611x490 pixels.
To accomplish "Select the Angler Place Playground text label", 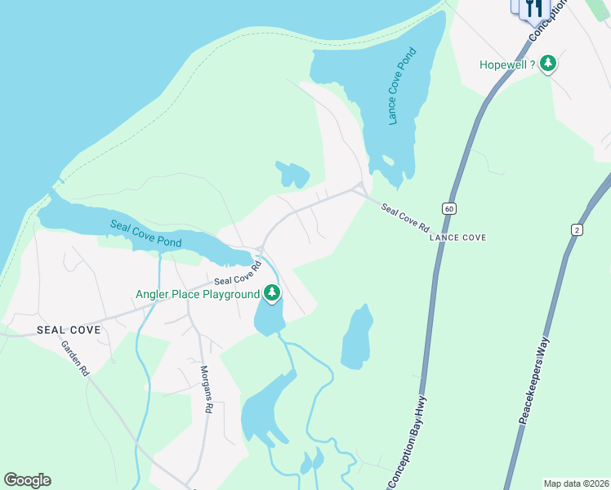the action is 198,294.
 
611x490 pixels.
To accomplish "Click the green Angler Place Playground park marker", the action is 272,293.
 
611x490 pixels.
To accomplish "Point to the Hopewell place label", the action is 507,63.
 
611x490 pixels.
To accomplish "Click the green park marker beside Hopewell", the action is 548,63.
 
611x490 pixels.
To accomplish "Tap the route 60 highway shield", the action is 448,208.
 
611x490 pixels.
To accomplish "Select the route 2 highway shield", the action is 578,231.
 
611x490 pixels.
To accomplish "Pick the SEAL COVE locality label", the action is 69,330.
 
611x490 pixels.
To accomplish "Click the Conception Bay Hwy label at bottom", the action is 415,441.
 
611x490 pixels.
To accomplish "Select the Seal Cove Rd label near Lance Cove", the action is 405,220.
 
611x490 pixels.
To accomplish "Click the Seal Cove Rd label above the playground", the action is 237,273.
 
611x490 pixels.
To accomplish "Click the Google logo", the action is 27,480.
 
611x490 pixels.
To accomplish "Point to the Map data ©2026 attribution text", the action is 576,483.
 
